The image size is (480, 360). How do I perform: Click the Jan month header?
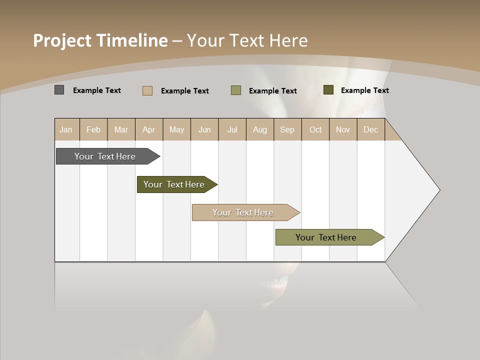pyautogui.click(x=66, y=129)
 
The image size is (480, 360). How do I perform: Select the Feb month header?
pyautogui.click(x=93, y=129)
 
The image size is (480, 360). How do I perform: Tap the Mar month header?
pyautogui.click(x=121, y=129)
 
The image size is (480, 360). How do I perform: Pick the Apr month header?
pyautogui.click(x=149, y=129)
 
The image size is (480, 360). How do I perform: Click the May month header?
pyautogui.click(x=176, y=129)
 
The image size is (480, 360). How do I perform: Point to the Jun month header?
pyautogui.click(x=204, y=129)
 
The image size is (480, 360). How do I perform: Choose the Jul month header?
pyautogui.click(x=232, y=129)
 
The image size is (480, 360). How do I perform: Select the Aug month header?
pyautogui.click(x=260, y=129)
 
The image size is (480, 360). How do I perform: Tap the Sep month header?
pyautogui.click(x=287, y=129)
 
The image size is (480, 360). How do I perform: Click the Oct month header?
pyautogui.click(x=315, y=129)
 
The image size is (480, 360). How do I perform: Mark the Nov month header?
pyautogui.click(x=343, y=129)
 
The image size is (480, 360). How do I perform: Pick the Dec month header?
pyautogui.click(x=371, y=129)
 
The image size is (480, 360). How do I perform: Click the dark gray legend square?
pyautogui.click(x=59, y=90)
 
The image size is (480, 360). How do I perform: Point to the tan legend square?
pyautogui.click(x=147, y=90)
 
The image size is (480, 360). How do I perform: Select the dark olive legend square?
pyautogui.click(x=328, y=90)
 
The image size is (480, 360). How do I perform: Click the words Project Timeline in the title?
pyautogui.click(x=100, y=40)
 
